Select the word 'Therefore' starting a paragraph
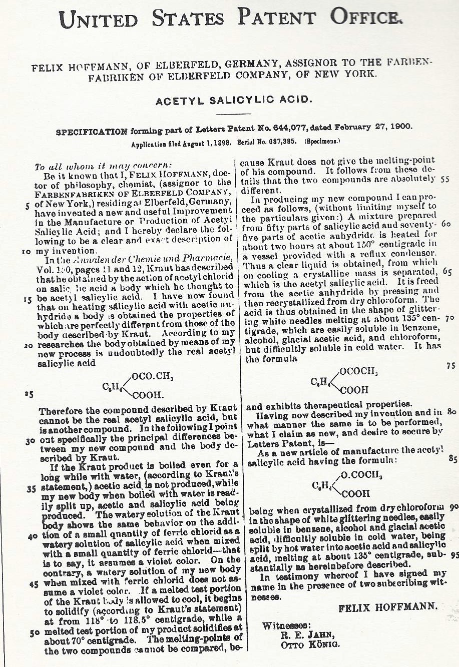point(59,411)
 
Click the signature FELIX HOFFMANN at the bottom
point(388,608)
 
